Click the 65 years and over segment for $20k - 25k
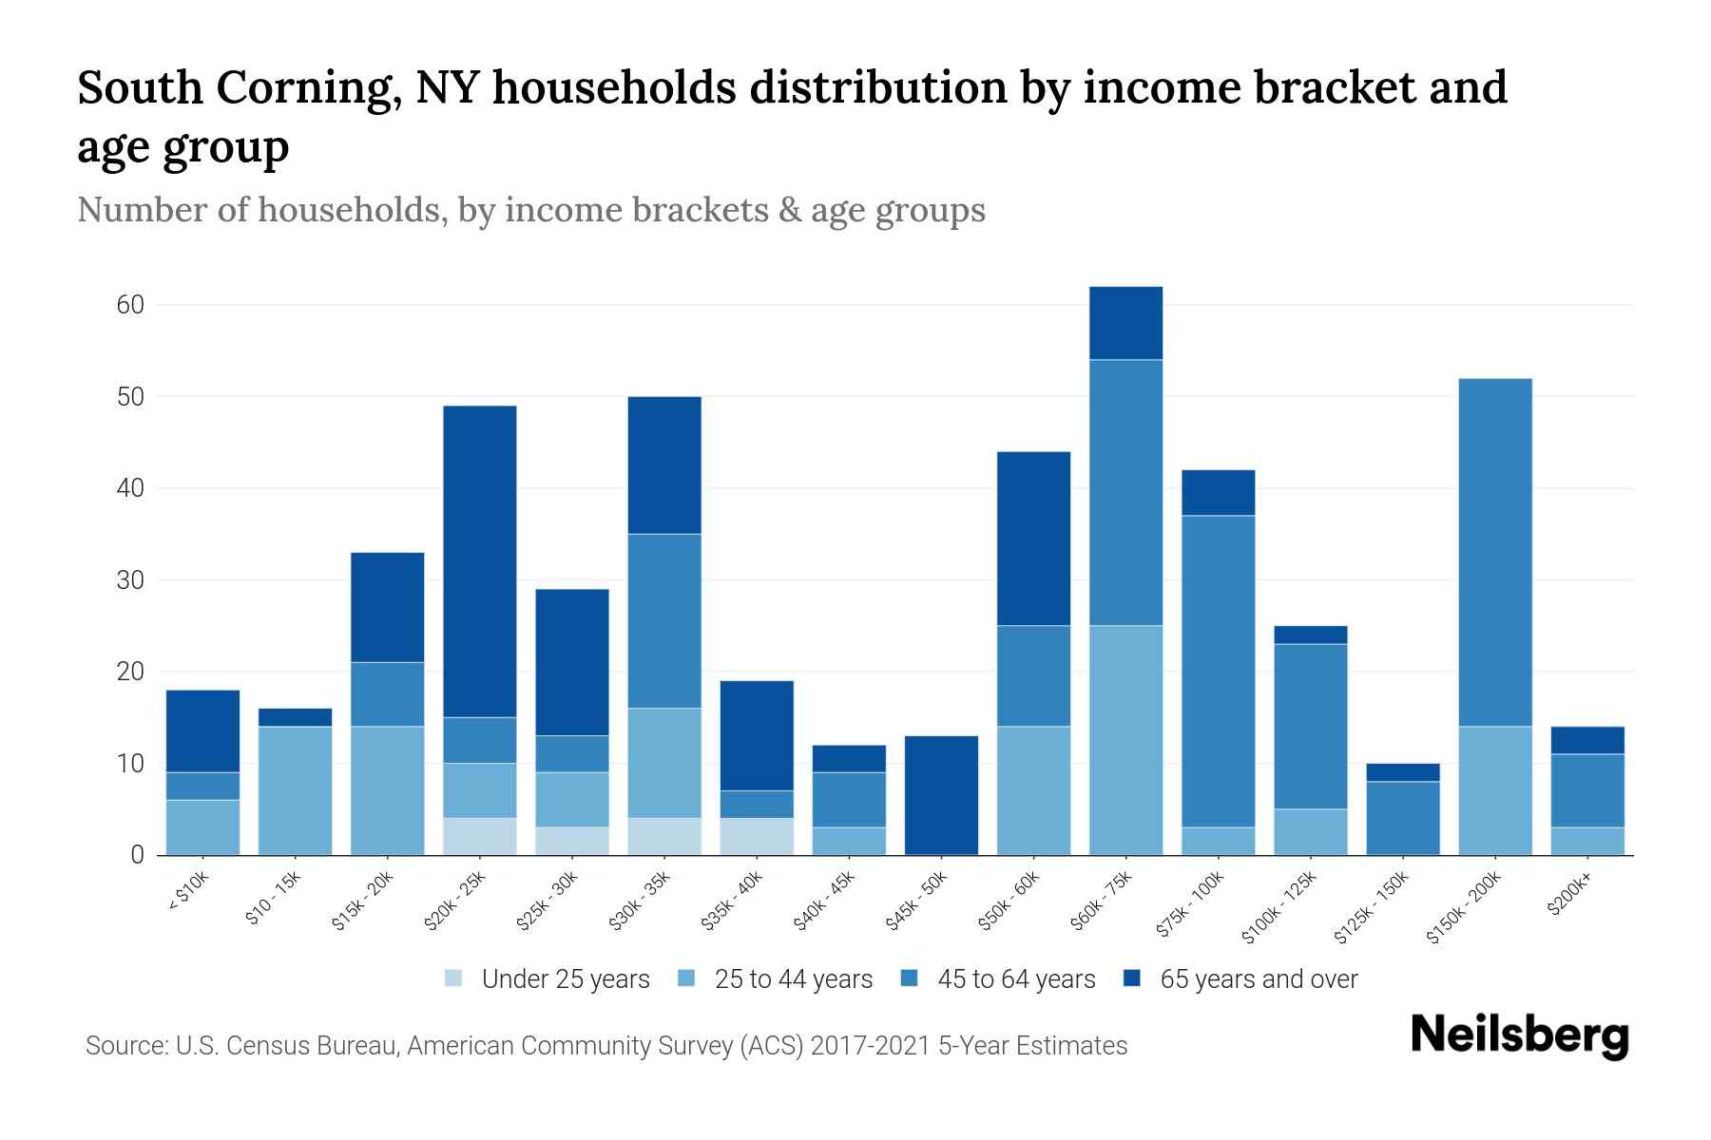click(480, 561)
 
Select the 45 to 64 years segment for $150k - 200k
click(1495, 552)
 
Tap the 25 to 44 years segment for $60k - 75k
click(1125, 740)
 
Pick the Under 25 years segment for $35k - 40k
click(757, 836)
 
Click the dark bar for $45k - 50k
click(941, 795)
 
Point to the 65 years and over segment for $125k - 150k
click(1403, 772)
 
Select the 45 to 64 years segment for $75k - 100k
click(1218, 671)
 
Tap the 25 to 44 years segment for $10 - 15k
click(296, 790)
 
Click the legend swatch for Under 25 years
click(454, 978)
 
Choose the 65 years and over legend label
click(1259, 979)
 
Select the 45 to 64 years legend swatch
click(910, 978)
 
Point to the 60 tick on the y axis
click(130, 305)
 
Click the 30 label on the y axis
click(130, 579)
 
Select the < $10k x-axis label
click(189, 893)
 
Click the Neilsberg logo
click(1519, 1035)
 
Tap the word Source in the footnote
click(125, 1046)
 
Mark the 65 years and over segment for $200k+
click(1587, 740)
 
